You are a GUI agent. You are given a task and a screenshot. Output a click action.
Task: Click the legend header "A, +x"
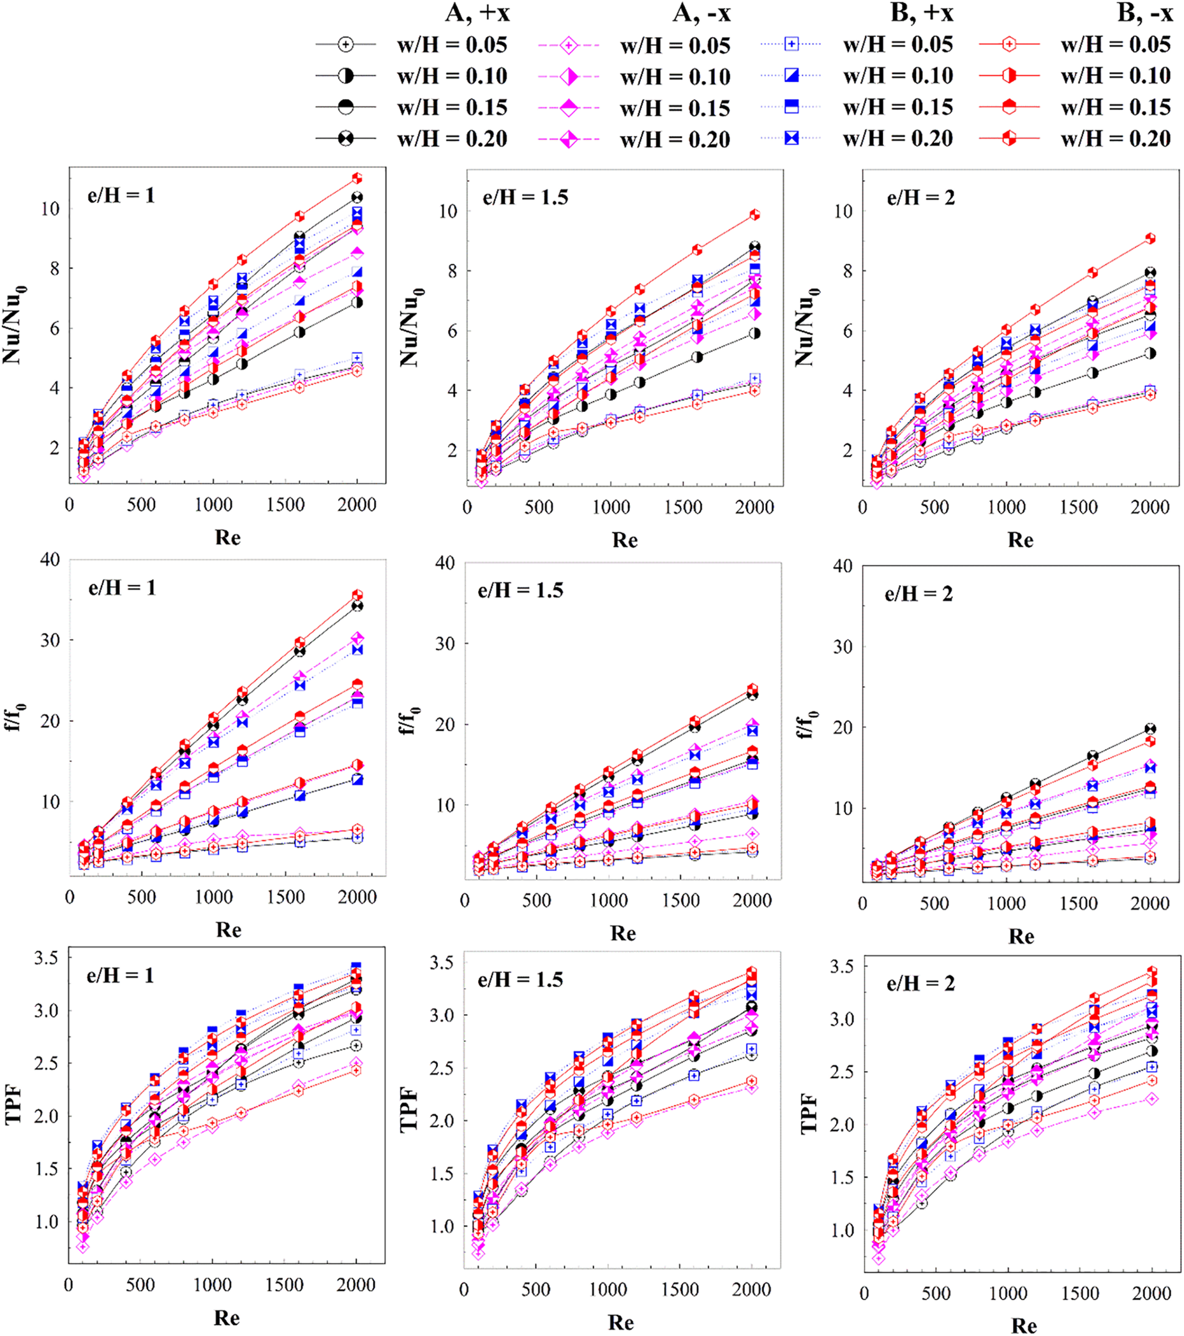pyautogui.click(x=477, y=13)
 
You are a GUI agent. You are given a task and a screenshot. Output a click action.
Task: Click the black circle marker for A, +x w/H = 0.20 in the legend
pyautogui.click(x=346, y=139)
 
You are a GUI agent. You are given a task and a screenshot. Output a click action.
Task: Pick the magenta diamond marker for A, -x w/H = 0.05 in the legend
pyautogui.click(x=569, y=45)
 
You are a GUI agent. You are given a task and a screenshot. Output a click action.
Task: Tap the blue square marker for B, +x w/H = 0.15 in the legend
pyautogui.click(x=791, y=107)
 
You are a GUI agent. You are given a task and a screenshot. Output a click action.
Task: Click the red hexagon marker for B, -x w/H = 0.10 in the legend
pyautogui.click(x=1009, y=76)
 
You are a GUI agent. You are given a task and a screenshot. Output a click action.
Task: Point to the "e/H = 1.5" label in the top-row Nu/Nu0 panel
pyautogui.click(x=525, y=197)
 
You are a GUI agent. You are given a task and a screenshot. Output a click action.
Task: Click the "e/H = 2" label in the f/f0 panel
pyautogui.click(x=918, y=594)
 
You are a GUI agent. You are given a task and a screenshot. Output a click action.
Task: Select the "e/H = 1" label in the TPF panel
pyautogui.click(x=120, y=976)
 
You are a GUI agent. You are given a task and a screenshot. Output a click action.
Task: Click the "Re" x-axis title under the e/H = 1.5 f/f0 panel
pyautogui.click(x=623, y=933)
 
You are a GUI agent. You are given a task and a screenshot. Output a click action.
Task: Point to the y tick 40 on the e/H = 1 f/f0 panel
pyautogui.click(x=50, y=559)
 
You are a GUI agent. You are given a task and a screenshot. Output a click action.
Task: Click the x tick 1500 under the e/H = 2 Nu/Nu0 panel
pyautogui.click(x=1078, y=507)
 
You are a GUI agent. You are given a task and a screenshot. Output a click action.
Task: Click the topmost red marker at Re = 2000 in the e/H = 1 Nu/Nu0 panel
pyautogui.click(x=357, y=178)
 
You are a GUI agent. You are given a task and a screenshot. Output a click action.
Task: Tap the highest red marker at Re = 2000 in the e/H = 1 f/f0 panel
pyautogui.click(x=357, y=595)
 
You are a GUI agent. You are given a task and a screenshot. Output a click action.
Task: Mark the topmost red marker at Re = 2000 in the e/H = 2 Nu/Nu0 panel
pyautogui.click(x=1150, y=239)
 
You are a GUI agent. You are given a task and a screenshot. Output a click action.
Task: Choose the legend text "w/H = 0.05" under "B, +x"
pyautogui.click(x=898, y=45)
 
